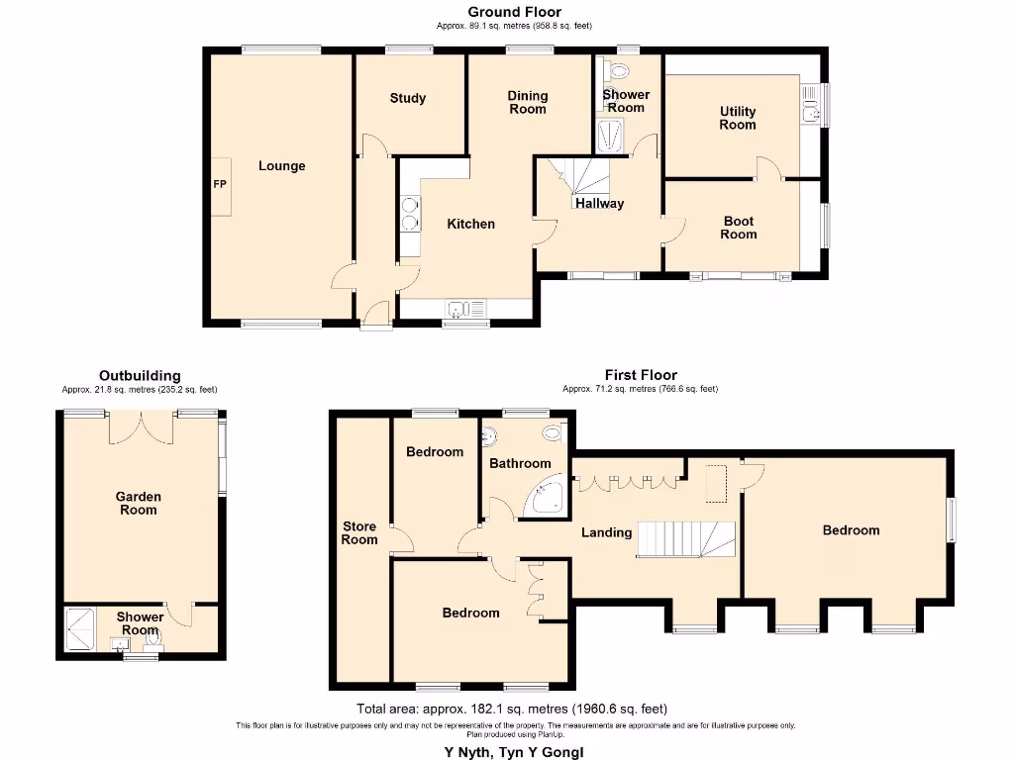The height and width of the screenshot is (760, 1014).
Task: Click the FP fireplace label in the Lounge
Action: (x=219, y=185)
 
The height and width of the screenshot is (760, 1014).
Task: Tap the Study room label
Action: (x=407, y=98)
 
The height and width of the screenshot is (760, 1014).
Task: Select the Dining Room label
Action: (x=528, y=102)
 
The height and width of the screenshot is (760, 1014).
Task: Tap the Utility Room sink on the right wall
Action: (x=811, y=103)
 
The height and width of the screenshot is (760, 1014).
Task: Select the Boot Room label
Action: (x=739, y=228)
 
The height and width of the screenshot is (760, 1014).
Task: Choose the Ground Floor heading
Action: (x=514, y=12)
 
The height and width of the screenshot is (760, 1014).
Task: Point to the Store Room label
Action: (x=359, y=532)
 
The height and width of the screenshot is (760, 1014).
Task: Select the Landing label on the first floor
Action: (x=606, y=532)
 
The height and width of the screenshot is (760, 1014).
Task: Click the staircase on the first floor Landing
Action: (x=684, y=540)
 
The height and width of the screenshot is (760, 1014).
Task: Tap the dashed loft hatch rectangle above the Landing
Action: (x=715, y=482)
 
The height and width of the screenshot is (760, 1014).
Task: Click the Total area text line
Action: (x=512, y=709)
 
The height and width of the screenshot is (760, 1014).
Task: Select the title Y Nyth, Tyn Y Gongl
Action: (x=513, y=751)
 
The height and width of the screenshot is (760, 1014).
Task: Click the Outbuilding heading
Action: (x=140, y=375)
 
